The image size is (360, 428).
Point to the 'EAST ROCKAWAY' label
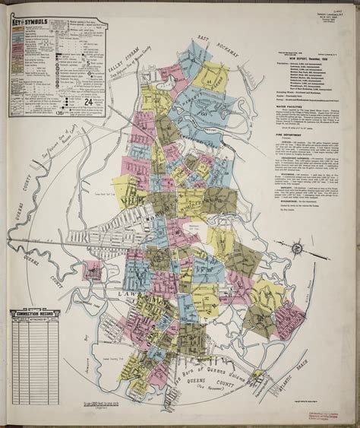pyautogui.click(x=212, y=46)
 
